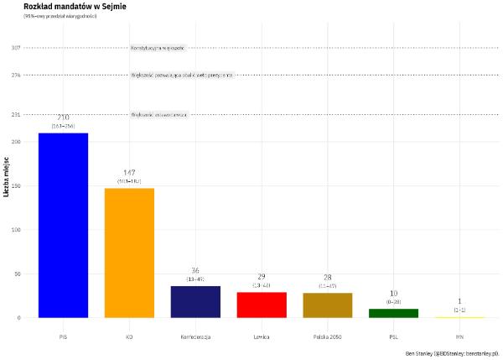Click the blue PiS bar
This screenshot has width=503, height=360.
click(63, 225)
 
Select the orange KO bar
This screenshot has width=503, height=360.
click(129, 253)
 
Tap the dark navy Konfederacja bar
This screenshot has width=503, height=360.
click(195, 301)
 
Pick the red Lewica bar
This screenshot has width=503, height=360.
click(262, 305)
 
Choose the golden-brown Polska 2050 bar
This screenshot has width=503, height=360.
click(328, 305)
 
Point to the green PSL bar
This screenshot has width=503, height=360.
click(394, 313)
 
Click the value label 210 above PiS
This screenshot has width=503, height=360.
click(63, 117)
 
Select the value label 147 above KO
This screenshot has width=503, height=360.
click(129, 173)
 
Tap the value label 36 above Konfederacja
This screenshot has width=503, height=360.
click(195, 271)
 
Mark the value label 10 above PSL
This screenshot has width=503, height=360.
click(394, 294)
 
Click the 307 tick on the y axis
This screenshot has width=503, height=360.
click(16, 48)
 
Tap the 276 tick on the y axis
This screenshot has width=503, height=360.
click(16, 75)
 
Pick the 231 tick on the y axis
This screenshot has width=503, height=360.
click(16, 115)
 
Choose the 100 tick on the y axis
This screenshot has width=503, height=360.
click(16, 230)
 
